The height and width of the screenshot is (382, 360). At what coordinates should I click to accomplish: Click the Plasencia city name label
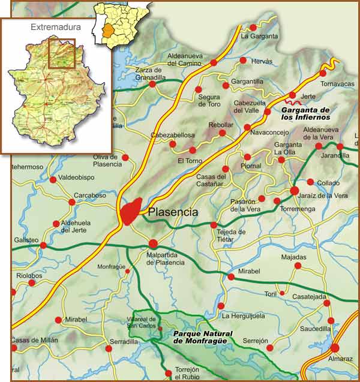coord(173,212)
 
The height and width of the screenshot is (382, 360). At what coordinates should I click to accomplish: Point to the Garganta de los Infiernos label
coord(305,113)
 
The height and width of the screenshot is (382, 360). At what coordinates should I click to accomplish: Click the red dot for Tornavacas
coord(323,73)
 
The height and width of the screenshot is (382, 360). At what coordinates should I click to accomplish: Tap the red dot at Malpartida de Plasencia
coord(153,243)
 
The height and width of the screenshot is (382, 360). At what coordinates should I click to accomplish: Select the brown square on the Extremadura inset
coord(62,53)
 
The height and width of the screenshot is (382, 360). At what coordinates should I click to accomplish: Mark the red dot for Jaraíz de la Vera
coord(295,191)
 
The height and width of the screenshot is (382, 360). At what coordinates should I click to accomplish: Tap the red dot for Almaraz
coord(334,348)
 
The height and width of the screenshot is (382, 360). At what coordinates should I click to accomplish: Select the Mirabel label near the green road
coord(249,272)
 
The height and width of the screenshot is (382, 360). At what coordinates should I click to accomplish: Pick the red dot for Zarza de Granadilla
coord(152,84)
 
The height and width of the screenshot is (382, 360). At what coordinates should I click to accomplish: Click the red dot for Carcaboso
coord(72,202)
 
